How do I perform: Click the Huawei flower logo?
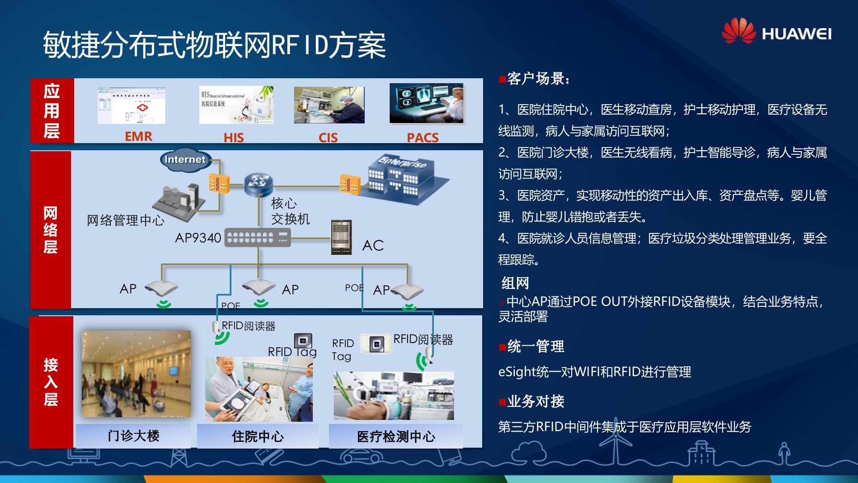[x=739, y=31]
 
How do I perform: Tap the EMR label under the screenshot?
[x=139, y=136]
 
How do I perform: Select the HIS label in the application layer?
[x=234, y=137]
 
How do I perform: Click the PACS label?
[x=422, y=137]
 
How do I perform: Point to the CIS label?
[x=328, y=137]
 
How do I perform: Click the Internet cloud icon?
[x=185, y=160]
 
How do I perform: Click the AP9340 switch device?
[x=257, y=237]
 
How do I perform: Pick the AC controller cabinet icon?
[x=341, y=237]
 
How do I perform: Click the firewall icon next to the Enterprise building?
[x=349, y=184]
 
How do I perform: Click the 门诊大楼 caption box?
[x=133, y=436]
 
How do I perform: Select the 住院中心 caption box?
[x=257, y=436]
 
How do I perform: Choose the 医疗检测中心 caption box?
[x=396, y=436]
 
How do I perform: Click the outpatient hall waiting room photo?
[x=136, y=374]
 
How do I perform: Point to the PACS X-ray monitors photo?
[x=426, y=103]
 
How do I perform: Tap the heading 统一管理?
[x=535, y=347]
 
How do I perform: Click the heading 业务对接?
[x=535, y=402]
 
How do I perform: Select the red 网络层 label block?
[x=50, y=230]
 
